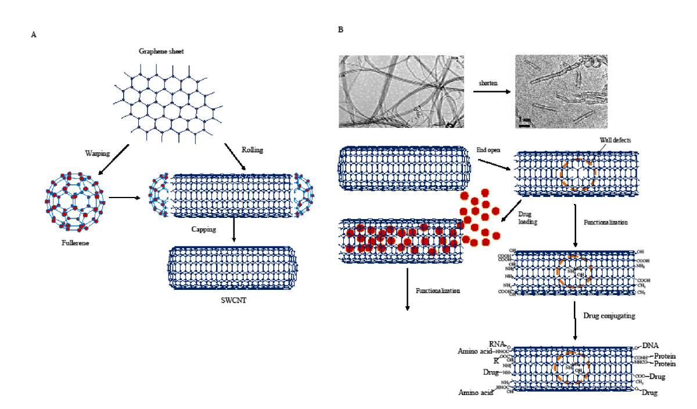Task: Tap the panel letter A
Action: point(33,35)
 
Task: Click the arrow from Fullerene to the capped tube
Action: point(125,198)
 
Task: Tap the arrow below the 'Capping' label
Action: point(233,231)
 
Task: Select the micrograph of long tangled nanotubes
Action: point(401,91)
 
